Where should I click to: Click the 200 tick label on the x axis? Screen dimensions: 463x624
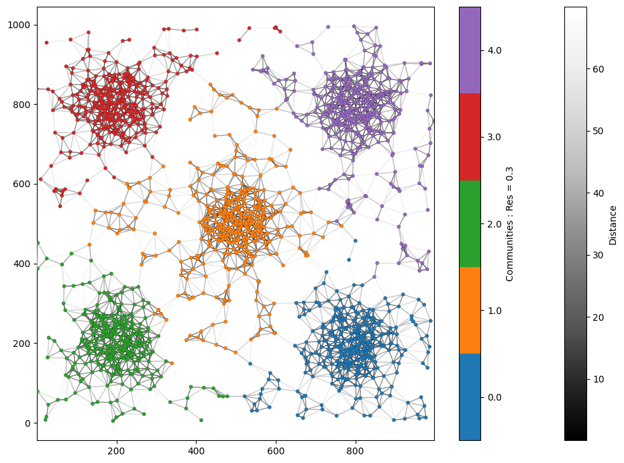(117, 450)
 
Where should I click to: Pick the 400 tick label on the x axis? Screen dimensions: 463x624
(197, 450)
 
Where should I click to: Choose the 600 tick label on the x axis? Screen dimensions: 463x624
(276, 450)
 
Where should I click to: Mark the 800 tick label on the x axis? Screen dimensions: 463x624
(356, 450)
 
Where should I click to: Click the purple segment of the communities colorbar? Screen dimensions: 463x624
(470, 50)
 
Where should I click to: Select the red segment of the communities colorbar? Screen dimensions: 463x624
(470, 137)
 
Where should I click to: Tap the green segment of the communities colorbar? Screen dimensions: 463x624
(470, 223)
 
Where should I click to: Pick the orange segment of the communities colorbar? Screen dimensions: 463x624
(470, 310)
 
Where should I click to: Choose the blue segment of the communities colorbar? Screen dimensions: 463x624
(470, 397)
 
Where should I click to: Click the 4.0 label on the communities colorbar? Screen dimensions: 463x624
(493, 50)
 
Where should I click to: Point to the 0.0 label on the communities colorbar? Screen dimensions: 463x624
(493, 397)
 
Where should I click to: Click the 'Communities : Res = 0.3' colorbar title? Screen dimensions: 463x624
(510, 223)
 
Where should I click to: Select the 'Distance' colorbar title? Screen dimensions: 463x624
(613, 223)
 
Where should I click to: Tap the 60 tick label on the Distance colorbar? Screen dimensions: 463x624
(599, 69)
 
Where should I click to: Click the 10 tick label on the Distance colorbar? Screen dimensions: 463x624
(599, 379)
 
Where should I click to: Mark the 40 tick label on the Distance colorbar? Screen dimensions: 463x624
(599, 193)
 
